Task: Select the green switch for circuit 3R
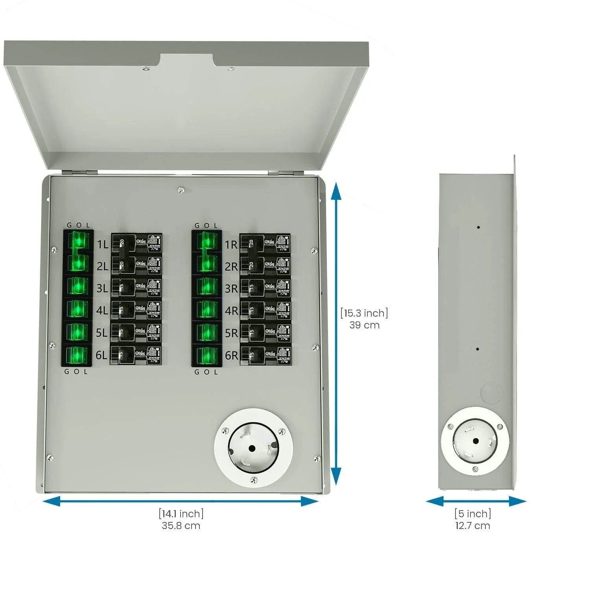pyautogui.click(x=206, y=287)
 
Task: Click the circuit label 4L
pyautogui.click(x=102, y=310)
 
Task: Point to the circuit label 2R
pyautogui.click(x=231, y=267)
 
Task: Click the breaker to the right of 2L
pyautogui.click(x=136, y=265)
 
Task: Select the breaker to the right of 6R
pyautogui.click(x=265, y=356)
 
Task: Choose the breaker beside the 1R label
pyautogui.click(x=265, y=244)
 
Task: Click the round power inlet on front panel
pyautogui.click(x=253, y=448)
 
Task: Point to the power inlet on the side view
pyautogui.click(x=475, y=441)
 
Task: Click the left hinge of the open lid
pyautogui.click(x=80, y=172)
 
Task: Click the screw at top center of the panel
pyautogui.click(x=181, y=190)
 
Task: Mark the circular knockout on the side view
pyautogui.click(x=491, y=393)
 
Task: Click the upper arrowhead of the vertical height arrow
pyautogui.click(x=336, y=193)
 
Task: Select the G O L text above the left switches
pyautogui.click(x=78, y=225)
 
